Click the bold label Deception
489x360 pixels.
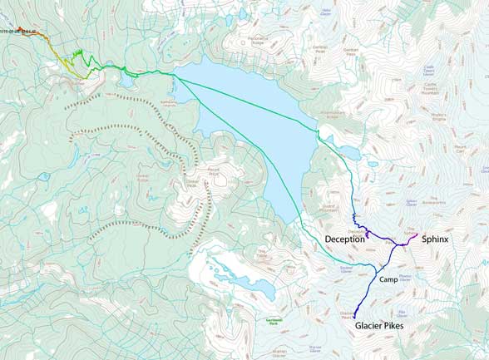[344, 239]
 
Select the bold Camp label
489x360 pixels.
[390, 280]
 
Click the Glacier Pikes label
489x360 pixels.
[383, 327]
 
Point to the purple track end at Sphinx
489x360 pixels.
[415, 236]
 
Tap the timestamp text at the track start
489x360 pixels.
[17, 32]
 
